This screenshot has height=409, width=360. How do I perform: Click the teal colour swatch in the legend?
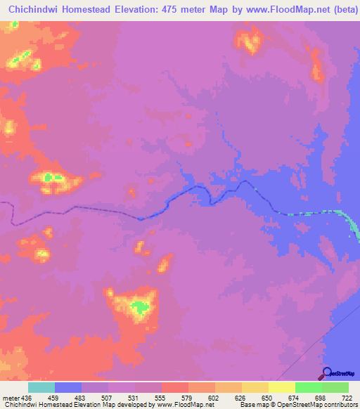[41, 388]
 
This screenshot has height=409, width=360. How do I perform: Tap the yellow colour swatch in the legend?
[281, 388]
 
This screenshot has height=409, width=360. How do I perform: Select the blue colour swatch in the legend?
[68, 388]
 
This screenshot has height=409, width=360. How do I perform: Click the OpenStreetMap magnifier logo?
[326, 373]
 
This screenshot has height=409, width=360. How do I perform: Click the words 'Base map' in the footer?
[252, 404]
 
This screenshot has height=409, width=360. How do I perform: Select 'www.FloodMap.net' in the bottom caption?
[184, 404]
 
